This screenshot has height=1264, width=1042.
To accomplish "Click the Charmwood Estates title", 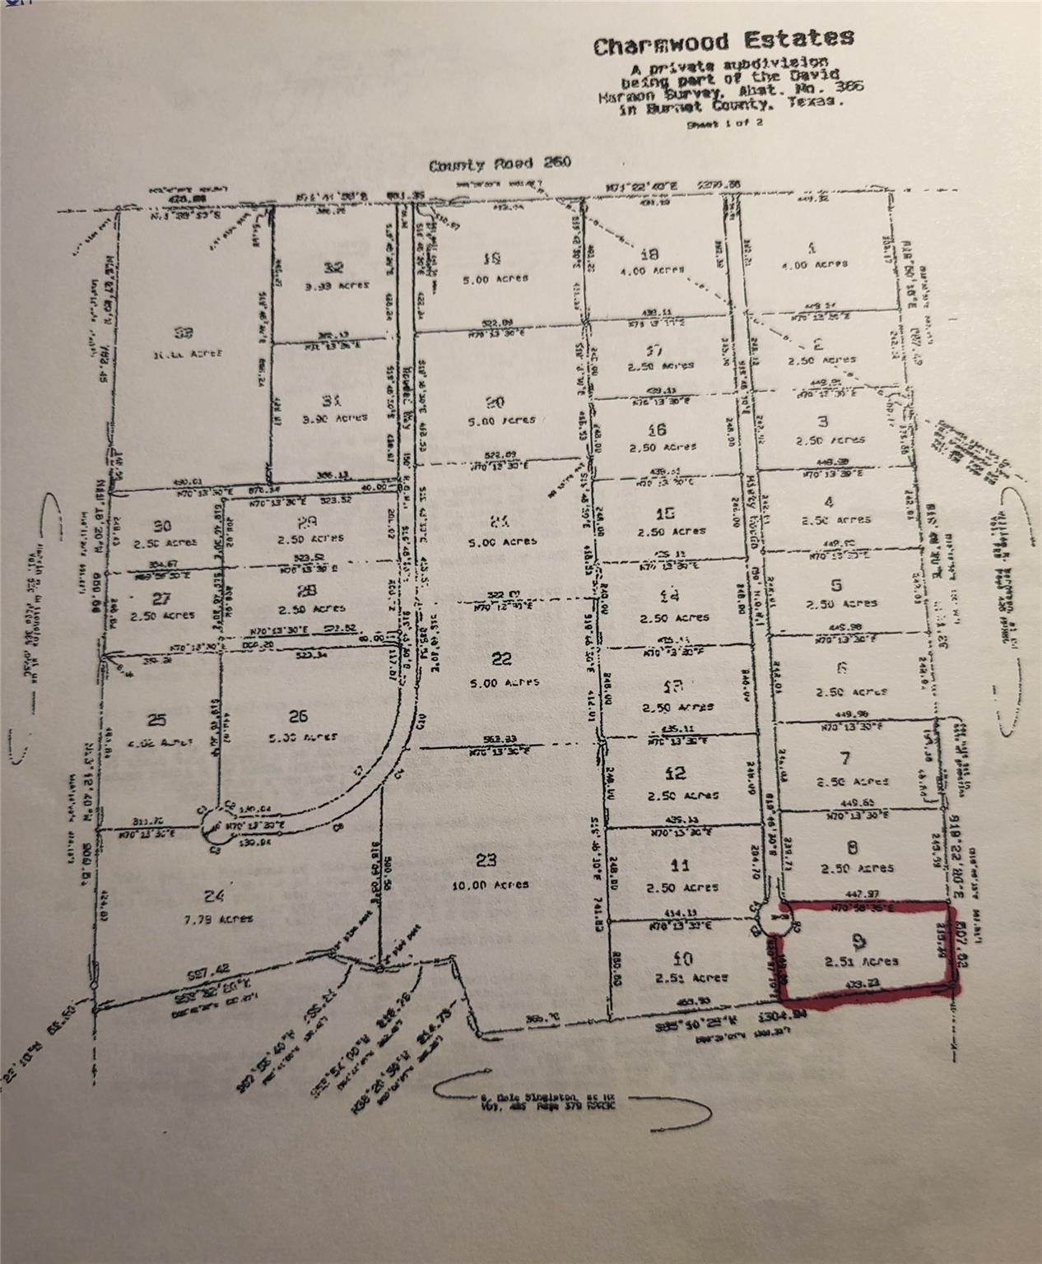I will click(723, 41).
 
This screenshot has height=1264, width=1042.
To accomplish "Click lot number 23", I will click(487, 860).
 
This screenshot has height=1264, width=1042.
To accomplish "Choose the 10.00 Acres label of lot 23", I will click(492, 885).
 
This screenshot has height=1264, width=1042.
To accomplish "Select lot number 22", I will click(501, 658).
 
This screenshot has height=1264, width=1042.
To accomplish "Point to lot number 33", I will click(183, 332).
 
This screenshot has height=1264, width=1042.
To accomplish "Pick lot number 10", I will click(682, 957).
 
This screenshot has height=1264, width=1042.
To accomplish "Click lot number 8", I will click(854, 845).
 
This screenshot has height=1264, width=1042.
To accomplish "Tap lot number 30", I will click(162, 526).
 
